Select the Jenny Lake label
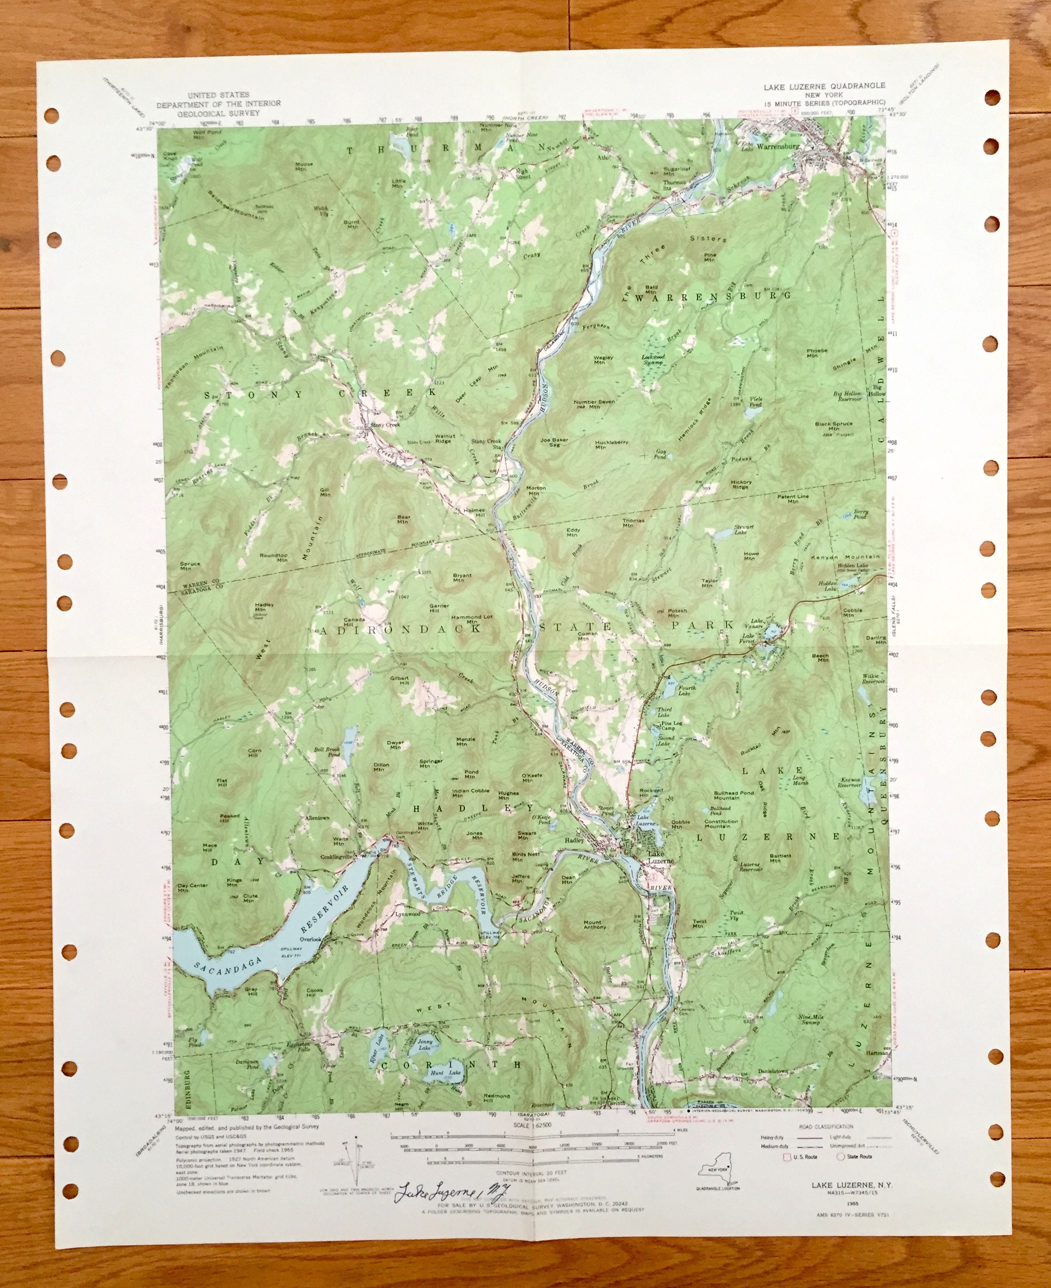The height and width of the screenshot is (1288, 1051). pos(425,1044)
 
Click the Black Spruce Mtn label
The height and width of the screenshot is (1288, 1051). pos(833,427)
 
